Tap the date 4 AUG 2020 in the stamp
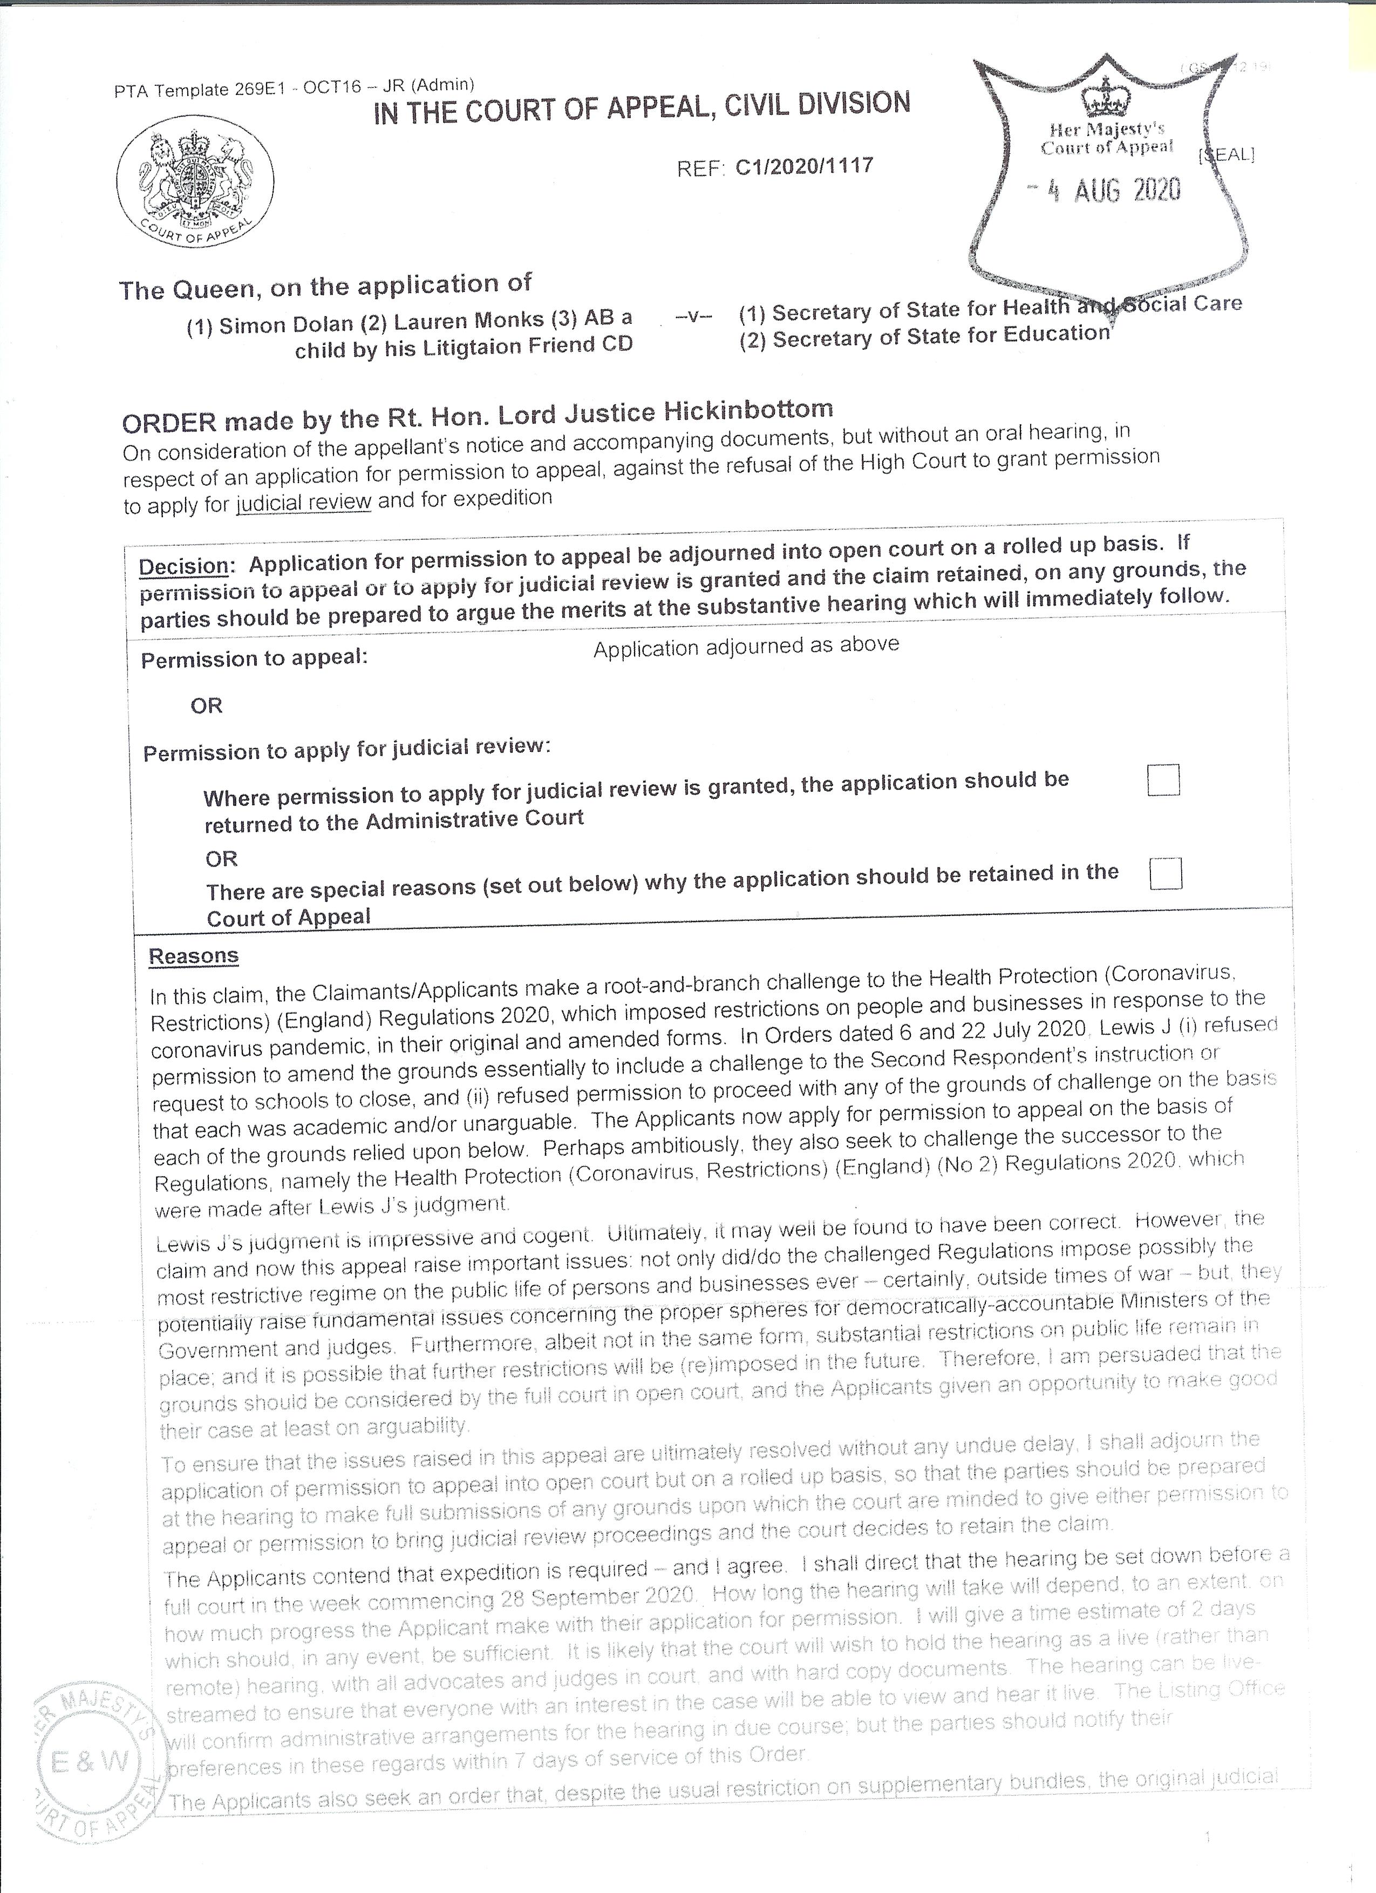coord(1104,191)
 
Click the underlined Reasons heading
coord(194,956)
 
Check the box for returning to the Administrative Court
coord(1163,781)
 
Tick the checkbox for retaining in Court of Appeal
coord(1165,874)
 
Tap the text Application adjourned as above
coord(746,646)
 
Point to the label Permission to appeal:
coord(254,659)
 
